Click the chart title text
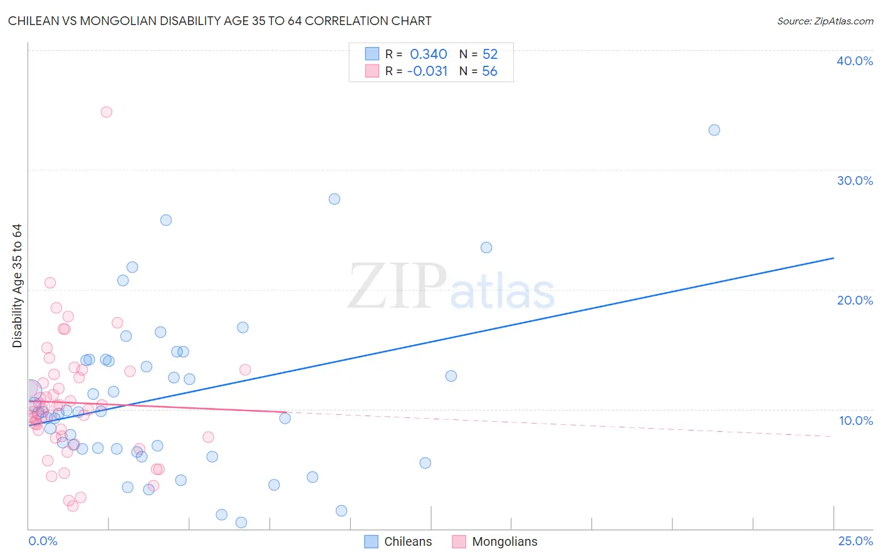(x=219, y=21)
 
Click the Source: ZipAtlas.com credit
(x=825, y=21)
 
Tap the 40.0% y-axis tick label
(x=855, y=61)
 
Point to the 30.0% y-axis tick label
(x=855, y=180)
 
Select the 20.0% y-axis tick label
(x=855, y=300)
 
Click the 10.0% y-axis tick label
(x=855, y=421)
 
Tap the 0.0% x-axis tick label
(x=43, y=541)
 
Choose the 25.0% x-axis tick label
(x=855, y=541)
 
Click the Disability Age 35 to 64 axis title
(x=17, y=286)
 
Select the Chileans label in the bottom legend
(x=408, y=541)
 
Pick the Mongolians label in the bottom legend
(x=504, y=541)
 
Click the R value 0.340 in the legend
(x=429, y=54)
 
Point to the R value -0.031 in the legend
(x=427, y=71)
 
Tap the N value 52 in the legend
(x=490, y=54)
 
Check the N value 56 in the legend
(x=489, y=71)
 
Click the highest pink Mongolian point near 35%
(x=107, y=112)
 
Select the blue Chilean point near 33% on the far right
(x=714, y=130)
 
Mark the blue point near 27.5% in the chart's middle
(x=335, y=199)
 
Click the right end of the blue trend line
(x=833, y=258)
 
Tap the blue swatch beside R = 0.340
(x=372, y=54)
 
